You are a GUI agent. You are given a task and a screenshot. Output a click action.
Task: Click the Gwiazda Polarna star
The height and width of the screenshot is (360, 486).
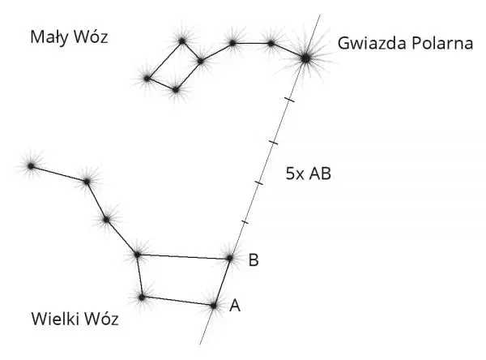coord(305,58)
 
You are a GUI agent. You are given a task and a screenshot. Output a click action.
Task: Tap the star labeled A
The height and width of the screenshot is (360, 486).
coord(214,306)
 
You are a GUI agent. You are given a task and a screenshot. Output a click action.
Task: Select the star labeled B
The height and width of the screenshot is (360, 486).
coord(230,258)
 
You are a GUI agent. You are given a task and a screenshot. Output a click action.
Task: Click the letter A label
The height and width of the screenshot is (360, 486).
coord(235,306)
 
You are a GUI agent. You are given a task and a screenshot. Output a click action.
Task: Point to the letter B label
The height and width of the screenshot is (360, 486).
coord(254,260)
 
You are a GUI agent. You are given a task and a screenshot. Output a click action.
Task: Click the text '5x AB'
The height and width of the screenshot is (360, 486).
coord(309,174)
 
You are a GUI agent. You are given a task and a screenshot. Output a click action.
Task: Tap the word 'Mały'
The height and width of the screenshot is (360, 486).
coord(49,37)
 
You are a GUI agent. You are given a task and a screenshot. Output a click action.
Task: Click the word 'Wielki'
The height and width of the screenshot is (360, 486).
coord(55,319)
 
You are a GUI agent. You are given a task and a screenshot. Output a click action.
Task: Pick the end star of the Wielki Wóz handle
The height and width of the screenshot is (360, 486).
coord(31,166)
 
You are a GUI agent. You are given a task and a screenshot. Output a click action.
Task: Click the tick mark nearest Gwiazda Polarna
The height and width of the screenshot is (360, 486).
coord(290,100)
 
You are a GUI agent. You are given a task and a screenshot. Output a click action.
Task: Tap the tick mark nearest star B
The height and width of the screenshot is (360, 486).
coord(245,222)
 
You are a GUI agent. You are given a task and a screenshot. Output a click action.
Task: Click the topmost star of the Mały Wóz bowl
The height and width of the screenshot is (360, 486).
coord(182,41)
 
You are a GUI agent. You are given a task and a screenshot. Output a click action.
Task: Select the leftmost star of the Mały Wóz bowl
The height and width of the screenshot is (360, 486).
coord(147,79)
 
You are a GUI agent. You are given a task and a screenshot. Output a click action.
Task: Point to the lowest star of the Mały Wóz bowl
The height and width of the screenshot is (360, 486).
coord(176,90)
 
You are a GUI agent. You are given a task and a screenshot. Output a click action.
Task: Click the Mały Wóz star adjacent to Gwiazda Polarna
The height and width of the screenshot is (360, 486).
coord(271,44)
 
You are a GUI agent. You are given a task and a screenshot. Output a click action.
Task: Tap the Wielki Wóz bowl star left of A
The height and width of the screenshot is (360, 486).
coord(142,298)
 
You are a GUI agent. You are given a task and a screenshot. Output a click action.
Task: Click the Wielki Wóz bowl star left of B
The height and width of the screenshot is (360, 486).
coord(138,255)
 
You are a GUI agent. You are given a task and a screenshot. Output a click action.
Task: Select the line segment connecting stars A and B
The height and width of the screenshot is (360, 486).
coord(222,282)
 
